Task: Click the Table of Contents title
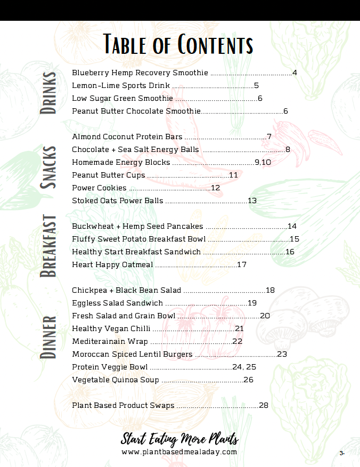[x=178, y=44]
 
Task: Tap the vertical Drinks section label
[x=49, y=93]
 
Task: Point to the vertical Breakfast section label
[x=49, y=246]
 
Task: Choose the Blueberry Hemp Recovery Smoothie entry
[x=140, y=73]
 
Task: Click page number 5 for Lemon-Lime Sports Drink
[x=256, y=85]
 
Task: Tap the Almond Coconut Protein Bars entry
[x=127, y=137]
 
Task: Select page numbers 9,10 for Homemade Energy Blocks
[x=263, y=162]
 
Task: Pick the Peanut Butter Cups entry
[x=109, y=175]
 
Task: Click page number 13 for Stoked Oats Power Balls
[x=252, y=200]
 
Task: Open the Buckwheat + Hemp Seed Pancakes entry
[x=137, y=226]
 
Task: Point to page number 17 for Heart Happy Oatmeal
[x=242, y=264]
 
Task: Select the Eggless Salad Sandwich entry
[x=118, y=303]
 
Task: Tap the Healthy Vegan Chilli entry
[x=111, y=328]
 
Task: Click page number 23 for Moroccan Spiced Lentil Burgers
[x=282, y=354]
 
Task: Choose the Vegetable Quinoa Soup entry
[x=116, y=380]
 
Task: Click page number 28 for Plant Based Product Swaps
[x=264, y=405]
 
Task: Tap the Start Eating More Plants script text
[x=179, y=439]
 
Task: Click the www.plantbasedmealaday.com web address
[x=179, y=452]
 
